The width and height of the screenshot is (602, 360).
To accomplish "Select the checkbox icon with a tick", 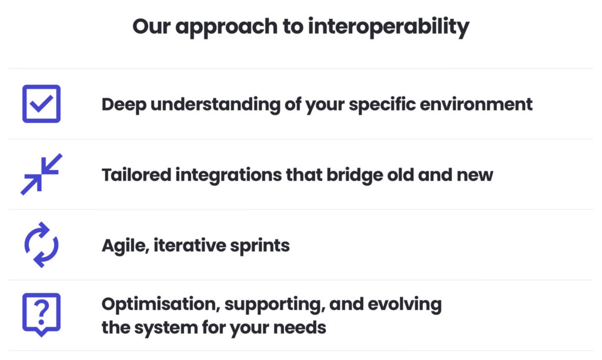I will (x=41, y=104).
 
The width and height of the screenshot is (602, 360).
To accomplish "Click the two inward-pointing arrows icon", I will (x=41, y=174).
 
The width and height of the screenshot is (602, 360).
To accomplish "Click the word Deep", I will (x=122, y=104).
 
